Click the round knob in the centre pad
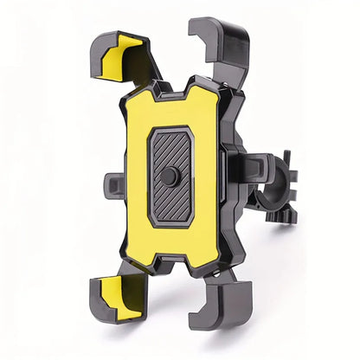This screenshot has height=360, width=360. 170,177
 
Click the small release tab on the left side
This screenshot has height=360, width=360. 113,184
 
